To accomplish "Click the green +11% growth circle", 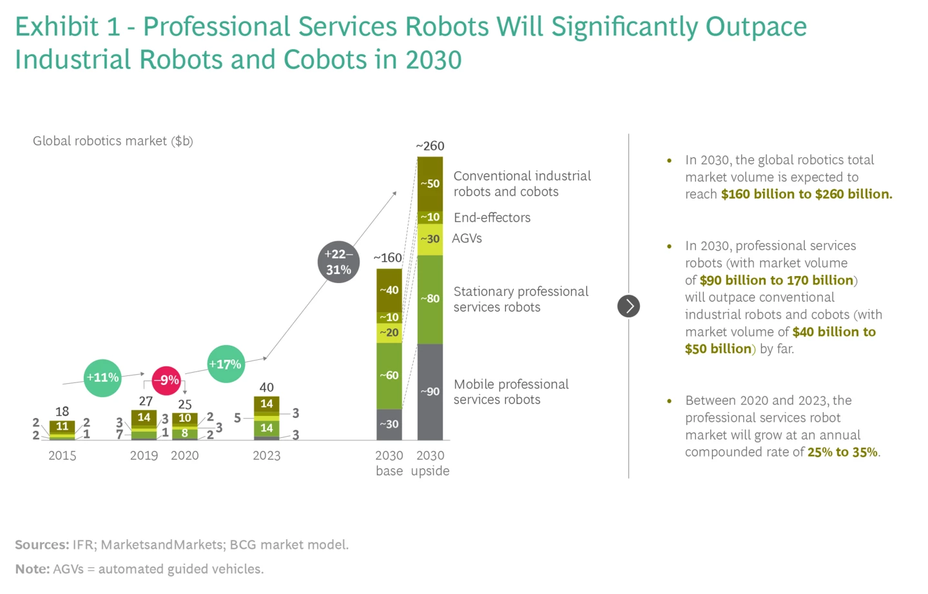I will point(102,378).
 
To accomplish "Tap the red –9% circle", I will point(167,381).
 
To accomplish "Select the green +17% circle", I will point(226,364).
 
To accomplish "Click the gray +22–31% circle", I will point(338,262).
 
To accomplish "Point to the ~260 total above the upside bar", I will point(430,146).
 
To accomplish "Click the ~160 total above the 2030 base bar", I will point(388,258).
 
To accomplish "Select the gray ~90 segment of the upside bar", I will point(430,391).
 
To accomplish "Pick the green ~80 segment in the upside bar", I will point(430,299).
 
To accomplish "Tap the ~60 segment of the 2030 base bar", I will point(389,375).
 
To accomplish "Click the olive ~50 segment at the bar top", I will point(430,184).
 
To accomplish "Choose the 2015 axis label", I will point(62,456).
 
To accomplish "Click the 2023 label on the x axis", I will point(266,456).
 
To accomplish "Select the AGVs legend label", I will point(467,239).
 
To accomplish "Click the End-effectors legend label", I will point(492,218).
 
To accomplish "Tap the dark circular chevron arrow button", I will point(628,306).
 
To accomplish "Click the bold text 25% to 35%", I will point(842,452).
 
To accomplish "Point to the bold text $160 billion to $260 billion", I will point(806,194).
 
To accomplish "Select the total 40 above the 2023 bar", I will point(266,388).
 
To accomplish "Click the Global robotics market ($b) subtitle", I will point(113,141).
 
